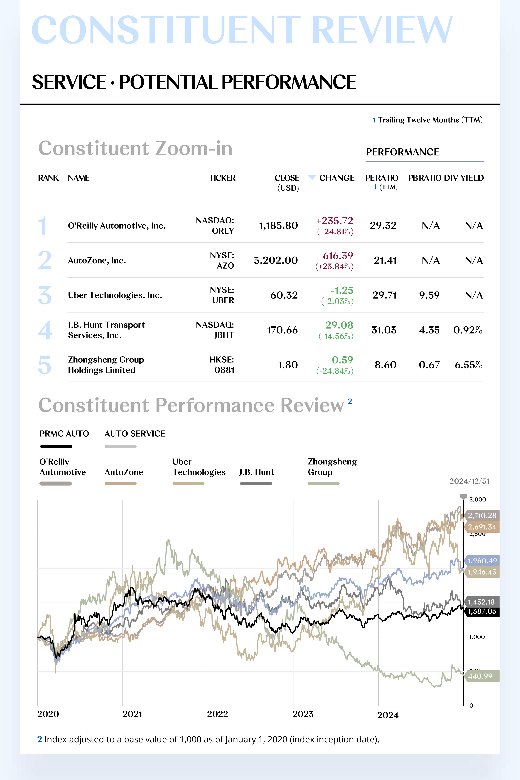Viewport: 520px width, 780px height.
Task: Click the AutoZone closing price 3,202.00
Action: coord(276,260)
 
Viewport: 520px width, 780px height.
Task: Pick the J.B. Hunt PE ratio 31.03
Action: coord(384,330)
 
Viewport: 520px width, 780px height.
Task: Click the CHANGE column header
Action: coord(337,178)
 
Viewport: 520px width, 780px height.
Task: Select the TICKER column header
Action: coord(222,178)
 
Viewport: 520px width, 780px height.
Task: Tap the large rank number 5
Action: coord(45,365)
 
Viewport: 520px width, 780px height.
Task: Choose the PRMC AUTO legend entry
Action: coord(64,434)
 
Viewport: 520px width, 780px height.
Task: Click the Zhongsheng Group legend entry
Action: coord(332,467)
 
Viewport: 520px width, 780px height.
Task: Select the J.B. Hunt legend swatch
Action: coord(256,484)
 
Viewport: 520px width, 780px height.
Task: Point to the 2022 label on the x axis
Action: coord(218,714)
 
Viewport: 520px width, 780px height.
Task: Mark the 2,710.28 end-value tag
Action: coord(482,515)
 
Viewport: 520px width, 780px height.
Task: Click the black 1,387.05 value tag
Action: coord(482,611)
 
